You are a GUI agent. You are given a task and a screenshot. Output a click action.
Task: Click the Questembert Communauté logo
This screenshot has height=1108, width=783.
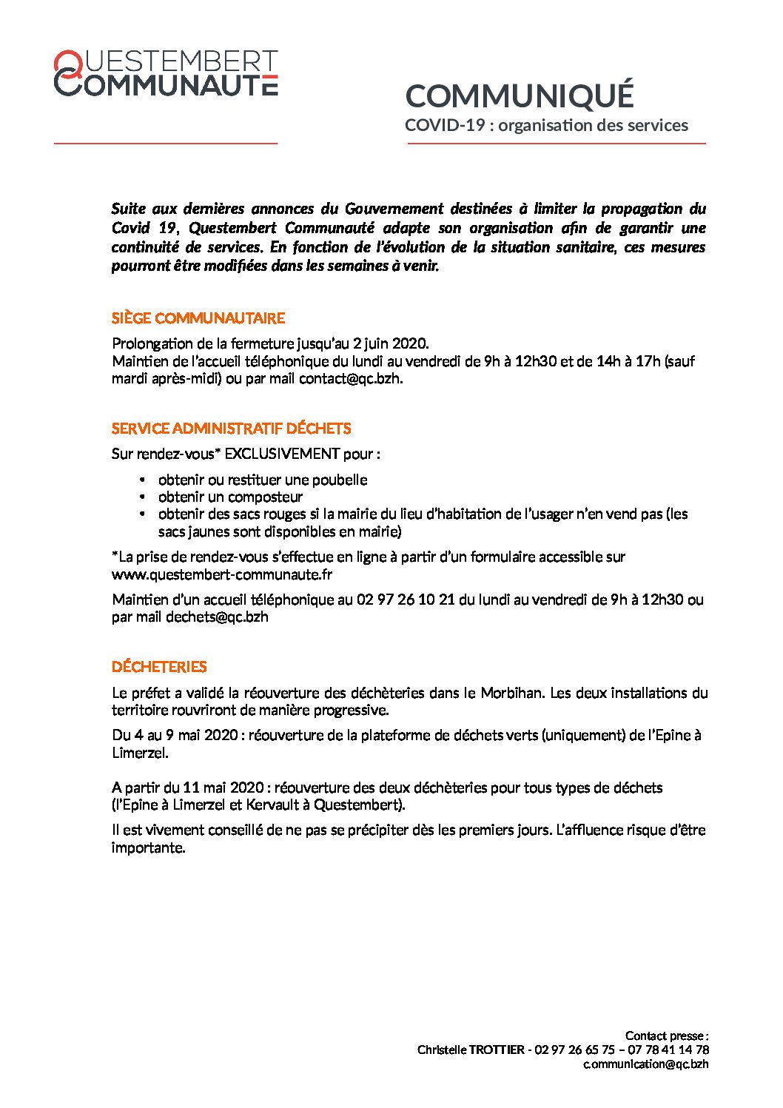(166, 73)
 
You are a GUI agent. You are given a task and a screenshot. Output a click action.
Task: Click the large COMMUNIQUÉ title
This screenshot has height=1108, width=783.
(520, 96)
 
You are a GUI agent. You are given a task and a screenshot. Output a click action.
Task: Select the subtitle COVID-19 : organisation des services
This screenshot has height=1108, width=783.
(546, 125)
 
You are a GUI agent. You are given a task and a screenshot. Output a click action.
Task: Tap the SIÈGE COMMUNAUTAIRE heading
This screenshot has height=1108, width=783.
(198, 318)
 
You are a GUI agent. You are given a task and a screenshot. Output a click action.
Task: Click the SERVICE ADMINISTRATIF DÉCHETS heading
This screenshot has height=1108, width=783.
(231, 429)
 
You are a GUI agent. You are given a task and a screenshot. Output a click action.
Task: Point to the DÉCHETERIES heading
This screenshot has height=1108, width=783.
(159, 667)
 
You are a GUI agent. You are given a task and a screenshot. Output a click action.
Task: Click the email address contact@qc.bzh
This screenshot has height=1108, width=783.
(350, 378)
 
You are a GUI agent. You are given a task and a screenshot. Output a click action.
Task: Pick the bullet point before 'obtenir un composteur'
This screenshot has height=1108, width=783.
(142, 497)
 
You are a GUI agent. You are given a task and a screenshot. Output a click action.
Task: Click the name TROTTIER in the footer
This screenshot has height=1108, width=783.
(497, 1050)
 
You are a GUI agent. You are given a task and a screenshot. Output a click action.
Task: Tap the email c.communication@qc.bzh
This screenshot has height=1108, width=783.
(645, 1064)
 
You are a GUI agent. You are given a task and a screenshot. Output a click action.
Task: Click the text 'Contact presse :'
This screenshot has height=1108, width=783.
(667, 1035)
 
